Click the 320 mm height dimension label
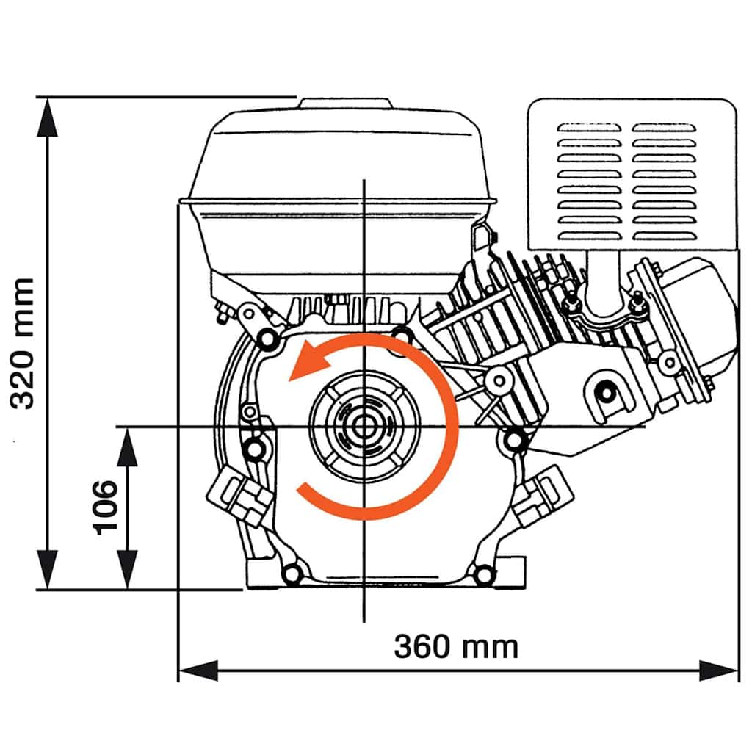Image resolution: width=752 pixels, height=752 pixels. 23,343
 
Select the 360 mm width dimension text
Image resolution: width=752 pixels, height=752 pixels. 456,647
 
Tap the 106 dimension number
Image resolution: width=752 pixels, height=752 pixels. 105,507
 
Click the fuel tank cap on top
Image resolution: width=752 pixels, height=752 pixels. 344,104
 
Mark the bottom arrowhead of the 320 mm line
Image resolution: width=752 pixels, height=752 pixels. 48,570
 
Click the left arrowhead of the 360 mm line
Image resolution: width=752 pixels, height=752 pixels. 198,670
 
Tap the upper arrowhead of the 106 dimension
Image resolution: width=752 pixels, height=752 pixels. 128,446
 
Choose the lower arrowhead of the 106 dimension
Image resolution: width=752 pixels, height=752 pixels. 128,570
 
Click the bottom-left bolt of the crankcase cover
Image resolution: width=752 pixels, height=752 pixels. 292,574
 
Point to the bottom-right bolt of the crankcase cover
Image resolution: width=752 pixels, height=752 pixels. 482,574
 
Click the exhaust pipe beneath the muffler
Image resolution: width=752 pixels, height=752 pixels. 603,283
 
